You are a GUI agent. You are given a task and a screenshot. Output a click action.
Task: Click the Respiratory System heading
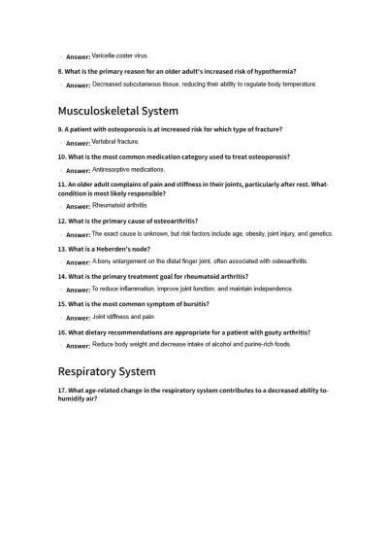(x=107, y=371)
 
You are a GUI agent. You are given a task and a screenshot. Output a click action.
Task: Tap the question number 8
(x=60, y=71)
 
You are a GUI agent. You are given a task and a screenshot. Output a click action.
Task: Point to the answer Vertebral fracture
(x=115, y=141)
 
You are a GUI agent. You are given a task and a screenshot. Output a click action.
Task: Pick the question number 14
(x=62, y=276)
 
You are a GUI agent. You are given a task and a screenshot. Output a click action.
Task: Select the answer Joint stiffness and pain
(x=123, y=317)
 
